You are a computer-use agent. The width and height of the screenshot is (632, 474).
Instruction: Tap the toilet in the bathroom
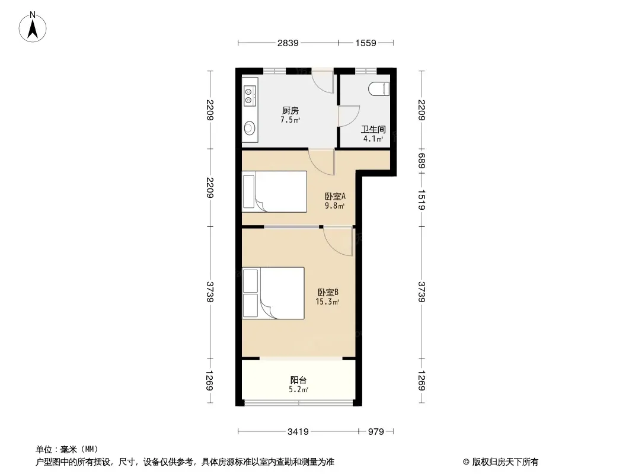379,89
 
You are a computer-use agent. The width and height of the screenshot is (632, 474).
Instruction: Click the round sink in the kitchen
250,129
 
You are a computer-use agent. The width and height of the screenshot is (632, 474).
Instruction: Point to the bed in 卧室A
274,192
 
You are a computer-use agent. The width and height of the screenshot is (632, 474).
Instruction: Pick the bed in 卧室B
273,293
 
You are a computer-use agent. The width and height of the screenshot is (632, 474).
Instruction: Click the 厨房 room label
290,110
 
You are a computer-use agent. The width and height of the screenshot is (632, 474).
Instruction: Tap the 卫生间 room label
374,129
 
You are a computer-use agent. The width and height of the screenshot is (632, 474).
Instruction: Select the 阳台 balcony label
298,380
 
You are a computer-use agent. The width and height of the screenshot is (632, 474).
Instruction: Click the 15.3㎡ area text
327,302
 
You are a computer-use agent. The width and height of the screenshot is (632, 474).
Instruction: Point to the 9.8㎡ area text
334,206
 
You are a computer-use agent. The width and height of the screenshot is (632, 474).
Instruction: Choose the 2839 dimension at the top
288,43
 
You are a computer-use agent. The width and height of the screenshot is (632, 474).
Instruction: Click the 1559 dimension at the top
366,43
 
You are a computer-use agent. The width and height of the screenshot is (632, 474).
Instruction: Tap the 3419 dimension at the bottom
298,432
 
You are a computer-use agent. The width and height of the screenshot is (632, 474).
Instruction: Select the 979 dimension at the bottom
376,432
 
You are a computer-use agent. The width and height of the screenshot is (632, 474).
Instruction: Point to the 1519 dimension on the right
422,200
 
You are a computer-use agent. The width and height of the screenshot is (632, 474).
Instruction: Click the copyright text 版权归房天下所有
505,462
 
